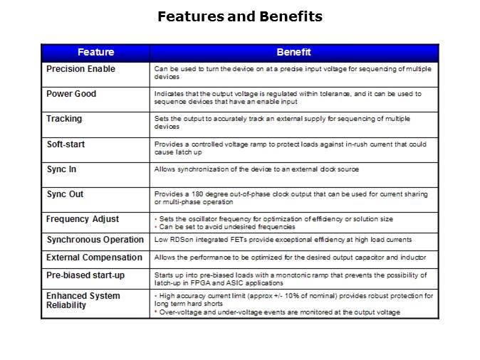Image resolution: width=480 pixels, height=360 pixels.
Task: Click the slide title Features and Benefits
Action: pos(239,16)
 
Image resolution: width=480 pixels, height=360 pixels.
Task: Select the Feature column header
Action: pos(95,53)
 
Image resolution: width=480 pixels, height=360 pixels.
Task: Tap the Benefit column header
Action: pos(293,53)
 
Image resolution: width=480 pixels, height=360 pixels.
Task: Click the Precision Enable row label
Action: pos(80,69)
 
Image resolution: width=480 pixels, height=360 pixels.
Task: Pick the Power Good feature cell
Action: pos(71,94)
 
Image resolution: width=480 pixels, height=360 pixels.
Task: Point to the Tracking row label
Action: pos(64,119)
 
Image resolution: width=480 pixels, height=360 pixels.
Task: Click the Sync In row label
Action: pos(63,169)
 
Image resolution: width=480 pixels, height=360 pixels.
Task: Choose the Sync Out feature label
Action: pos(65,194)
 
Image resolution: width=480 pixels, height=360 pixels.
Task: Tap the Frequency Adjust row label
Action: pos(83,219)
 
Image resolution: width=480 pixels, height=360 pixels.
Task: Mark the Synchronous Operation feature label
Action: pos(95,240)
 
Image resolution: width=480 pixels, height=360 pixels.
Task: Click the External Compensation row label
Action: pos(94,258)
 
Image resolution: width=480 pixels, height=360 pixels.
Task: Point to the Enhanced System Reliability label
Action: pos(83,300)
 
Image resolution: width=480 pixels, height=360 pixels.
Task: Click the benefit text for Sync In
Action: pos(256,170)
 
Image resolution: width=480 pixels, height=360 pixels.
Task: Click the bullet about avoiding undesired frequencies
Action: pos(226,227)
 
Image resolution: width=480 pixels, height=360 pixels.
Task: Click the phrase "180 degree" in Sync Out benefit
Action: pos(202,194)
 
